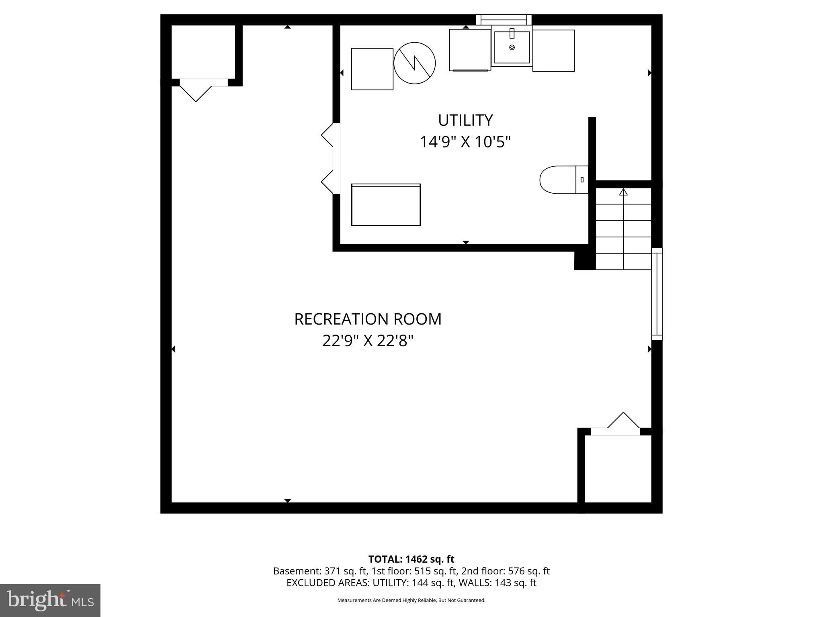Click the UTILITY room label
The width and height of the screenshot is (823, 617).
pyautogui.click(x=465, y=120)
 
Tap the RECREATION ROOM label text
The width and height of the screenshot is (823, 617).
pyautogui.click(x=368, y=319)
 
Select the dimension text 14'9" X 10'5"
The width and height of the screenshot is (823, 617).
pyautogui.click(x=465, y=142)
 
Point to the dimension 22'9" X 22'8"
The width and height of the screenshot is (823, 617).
pyautogui.click(x=368, y=341)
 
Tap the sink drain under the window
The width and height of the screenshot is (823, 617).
pyautogui.click(x=512, y=47)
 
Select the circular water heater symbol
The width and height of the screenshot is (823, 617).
pyautogui.click(x=414, y=63)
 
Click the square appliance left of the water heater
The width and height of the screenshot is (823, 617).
pyautogui.click(x=372, y=69)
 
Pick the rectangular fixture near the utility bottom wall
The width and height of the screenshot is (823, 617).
pyautogui.click(x=386, y=204)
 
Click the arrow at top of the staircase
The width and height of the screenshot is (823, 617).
pyautogui.click(x=623, y=192)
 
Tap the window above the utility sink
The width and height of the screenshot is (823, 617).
pyautogui.click(x=504, y=19)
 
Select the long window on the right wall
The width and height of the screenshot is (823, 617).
pyautogui.click(x=656, y=294)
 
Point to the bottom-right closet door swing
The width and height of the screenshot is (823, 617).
pyautogui.click(x=623, y=421)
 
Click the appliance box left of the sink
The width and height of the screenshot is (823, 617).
pyautogui.click(x=470, y=50)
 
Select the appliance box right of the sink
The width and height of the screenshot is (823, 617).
pyautogui.click(x=553, y=50)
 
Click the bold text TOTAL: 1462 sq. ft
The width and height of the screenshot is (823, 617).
pyautogui.click(x=411, y=559)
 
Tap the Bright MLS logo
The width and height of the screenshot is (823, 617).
pyautogui.click(x=50, y=600)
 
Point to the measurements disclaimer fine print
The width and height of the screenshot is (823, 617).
pyautogui.click(x=411, y=600)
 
